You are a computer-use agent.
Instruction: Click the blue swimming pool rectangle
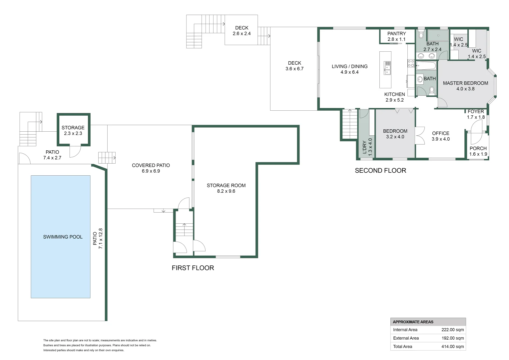click(x=61, y=237)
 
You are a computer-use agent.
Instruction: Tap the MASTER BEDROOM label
click(x=465, y=83)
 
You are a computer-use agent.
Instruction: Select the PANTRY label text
click(x=396, y=34)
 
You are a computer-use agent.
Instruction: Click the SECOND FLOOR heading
click(x=380, y=171)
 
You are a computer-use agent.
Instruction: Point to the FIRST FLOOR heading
click(x=193, y=268)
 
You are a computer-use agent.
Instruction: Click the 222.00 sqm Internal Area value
click(x=452, y=330)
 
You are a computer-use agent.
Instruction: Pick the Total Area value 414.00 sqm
click(x=452, y=346)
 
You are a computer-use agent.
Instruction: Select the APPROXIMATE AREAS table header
click(x=413, y=322)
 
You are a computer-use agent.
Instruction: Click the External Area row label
click(x=406, y=338)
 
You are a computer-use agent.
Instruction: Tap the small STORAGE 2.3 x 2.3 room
click(x=73, y=130)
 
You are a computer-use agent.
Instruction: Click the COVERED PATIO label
click(x=151, y=165)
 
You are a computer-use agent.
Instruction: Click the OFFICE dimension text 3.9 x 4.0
click(x=441, y=139)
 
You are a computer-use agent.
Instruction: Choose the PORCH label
click(x=478, y=148)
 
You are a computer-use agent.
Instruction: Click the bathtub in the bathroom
click(x=426, y=65)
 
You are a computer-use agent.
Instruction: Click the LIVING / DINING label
click(x=349, y=66)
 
